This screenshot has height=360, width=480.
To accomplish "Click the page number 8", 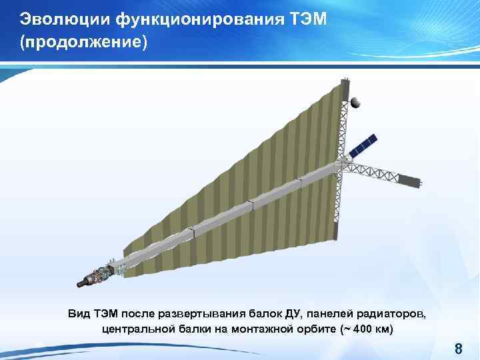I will (458, 347).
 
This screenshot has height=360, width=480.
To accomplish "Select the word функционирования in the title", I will (195, 19).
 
